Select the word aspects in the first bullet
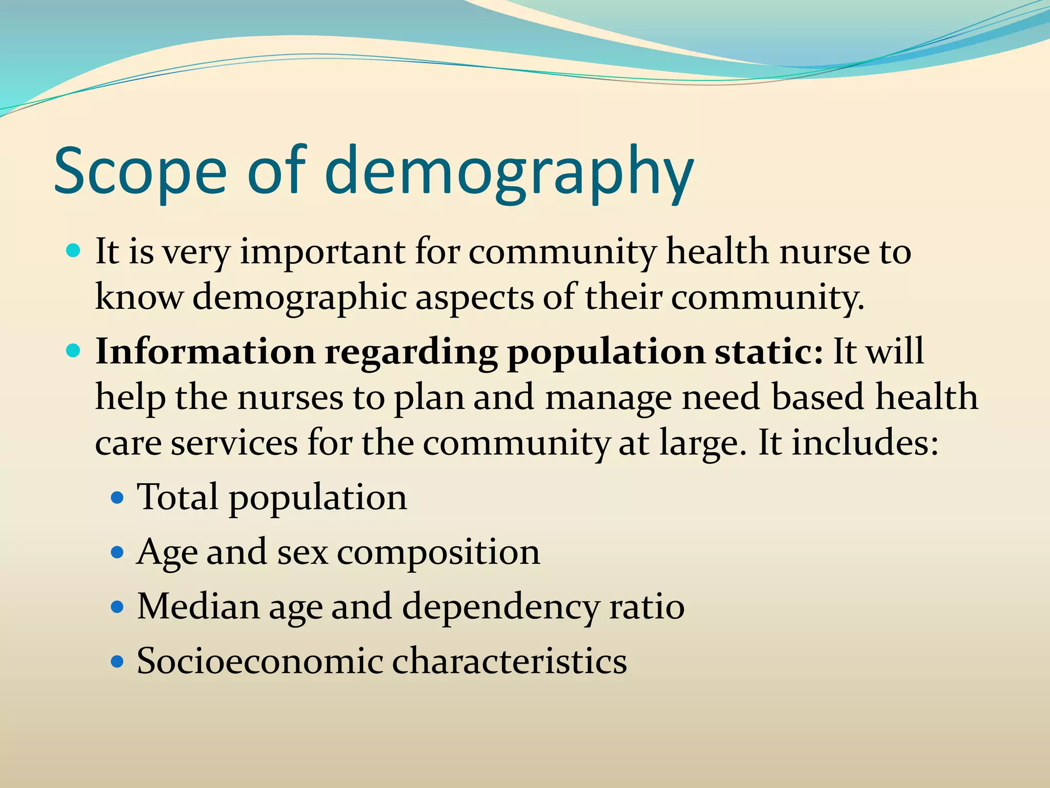[x=474, y=298]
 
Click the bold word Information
[x=205, y=352]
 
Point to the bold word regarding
[x=411, y=353]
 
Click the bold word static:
[x=769, y=352]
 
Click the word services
[x=234, y=442]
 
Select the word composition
[x=438, y=553]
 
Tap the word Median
[x=198, y=606]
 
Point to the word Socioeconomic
[x=259, y=661]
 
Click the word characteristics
[x=510, y=661]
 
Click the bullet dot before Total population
[x=118, y=498]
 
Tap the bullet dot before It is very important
[x=74, y=251]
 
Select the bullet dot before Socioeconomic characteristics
[x=118, y=662]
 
